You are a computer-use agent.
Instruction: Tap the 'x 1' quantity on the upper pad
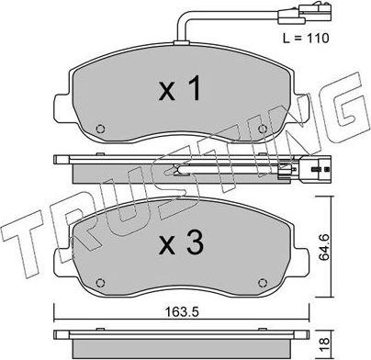click(x=182, y=91)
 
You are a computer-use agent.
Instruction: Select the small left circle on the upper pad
click(x=102, y=128)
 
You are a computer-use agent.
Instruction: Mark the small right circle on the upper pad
click(x=262, y=128)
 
